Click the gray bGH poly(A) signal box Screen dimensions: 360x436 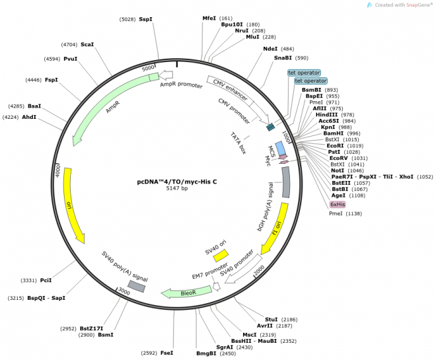pos(285,182)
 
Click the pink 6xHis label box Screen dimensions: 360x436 pos(338,205)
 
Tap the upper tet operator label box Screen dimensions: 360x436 pos(304,73)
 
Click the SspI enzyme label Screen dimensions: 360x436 pos(145,19)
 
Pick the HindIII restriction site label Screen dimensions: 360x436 pos(326,114)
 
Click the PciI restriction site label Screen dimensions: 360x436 pos(46,281)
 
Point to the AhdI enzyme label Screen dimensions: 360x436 pos(29,117)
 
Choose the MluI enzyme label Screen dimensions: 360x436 pos(252,37)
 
